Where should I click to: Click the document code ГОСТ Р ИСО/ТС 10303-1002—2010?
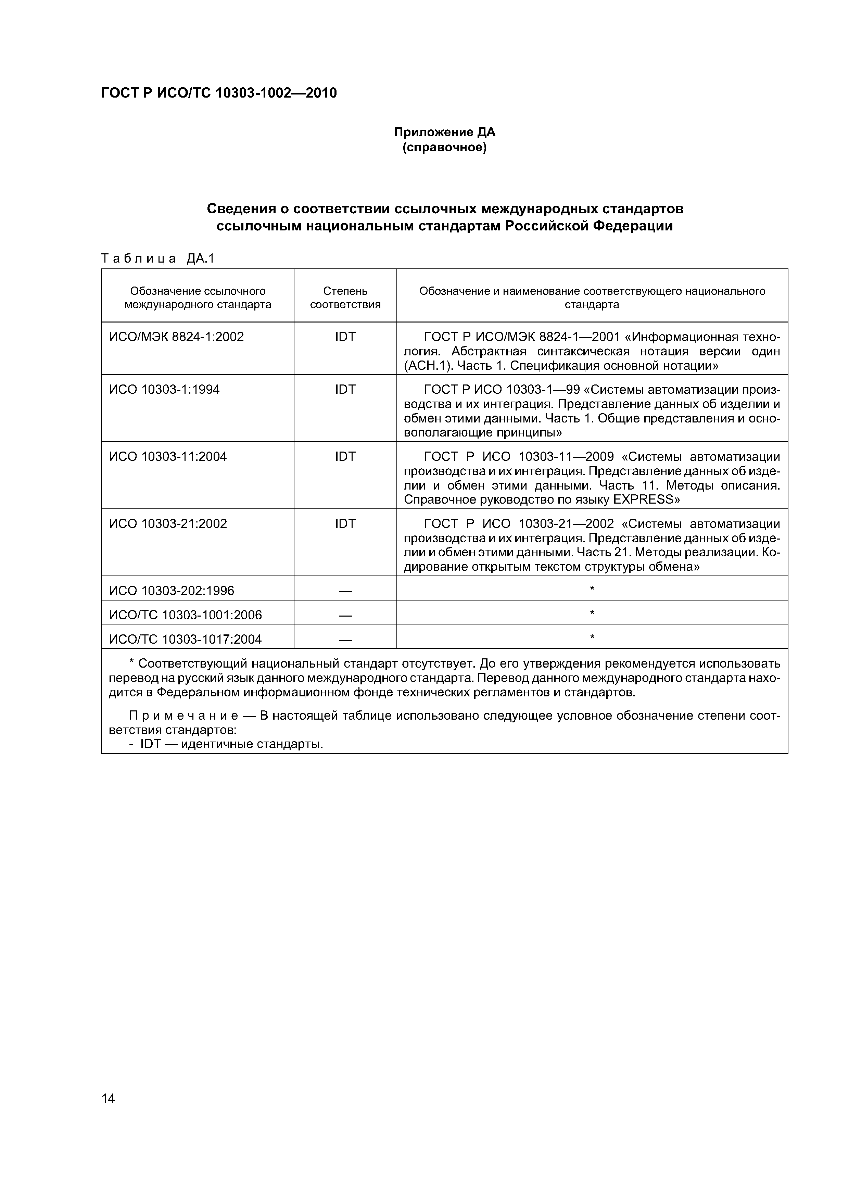[x=219, y=93]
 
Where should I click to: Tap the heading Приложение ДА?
[x=445, y=132]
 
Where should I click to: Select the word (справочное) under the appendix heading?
[x=445, y=148]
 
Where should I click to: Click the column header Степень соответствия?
[x=345, y=298]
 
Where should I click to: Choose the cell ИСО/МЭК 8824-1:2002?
[x=176, y=337]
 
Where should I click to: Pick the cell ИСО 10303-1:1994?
[x=164, y=390]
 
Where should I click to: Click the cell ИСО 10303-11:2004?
[x=168, y=457]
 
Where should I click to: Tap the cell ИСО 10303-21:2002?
[x=168, y=523]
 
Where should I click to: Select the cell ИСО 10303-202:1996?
[x=172, y=591]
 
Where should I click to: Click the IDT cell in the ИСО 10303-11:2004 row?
[x=345, y=457]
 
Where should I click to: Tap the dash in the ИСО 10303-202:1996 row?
[x=345, y=591]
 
